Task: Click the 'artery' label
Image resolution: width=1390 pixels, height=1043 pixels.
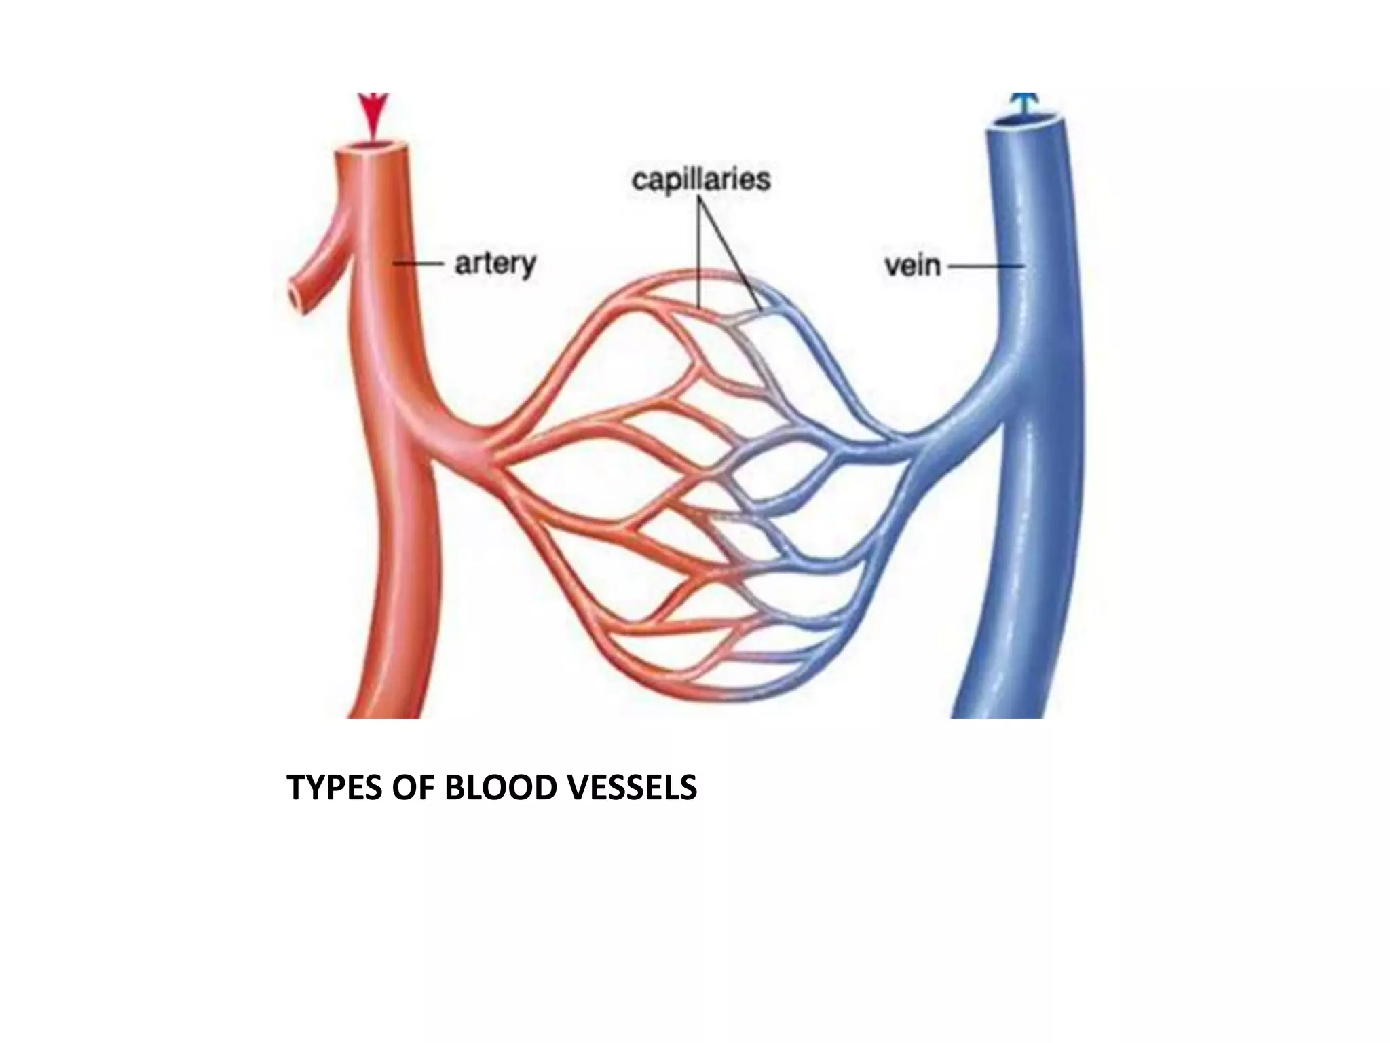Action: [x=495, y=263]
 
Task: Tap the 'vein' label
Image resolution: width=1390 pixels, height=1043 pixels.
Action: [x=912, y=266]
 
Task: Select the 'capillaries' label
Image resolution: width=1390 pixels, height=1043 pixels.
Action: [x=701, y=180]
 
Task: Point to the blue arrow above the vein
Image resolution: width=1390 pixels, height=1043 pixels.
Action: [x=1026, y=103]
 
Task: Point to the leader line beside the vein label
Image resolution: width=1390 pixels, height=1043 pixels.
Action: [x=985, y=266]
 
